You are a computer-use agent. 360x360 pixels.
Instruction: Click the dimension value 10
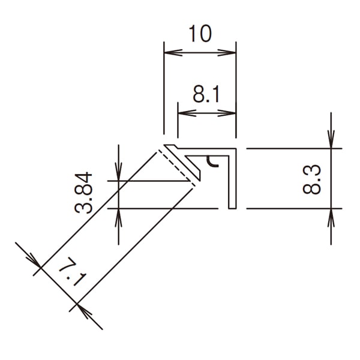pos(200,34)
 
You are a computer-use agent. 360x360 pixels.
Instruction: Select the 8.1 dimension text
pos(206,94)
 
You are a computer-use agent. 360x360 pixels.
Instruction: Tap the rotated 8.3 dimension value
pos(311,179)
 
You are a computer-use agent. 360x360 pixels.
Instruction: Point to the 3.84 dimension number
pos(83,193)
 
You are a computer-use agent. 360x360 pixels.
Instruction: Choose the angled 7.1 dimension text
pos(73,272)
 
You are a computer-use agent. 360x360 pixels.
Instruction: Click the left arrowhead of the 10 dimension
pos(173,53)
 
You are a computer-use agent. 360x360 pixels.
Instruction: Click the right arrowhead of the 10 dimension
pos(227,53)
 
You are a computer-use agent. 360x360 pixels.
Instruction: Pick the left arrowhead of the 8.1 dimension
pos(187,113)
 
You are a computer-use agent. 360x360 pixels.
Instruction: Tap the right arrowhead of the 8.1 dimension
pos(227,113)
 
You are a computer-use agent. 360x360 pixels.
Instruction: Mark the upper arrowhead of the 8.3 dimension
pos(331,139)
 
